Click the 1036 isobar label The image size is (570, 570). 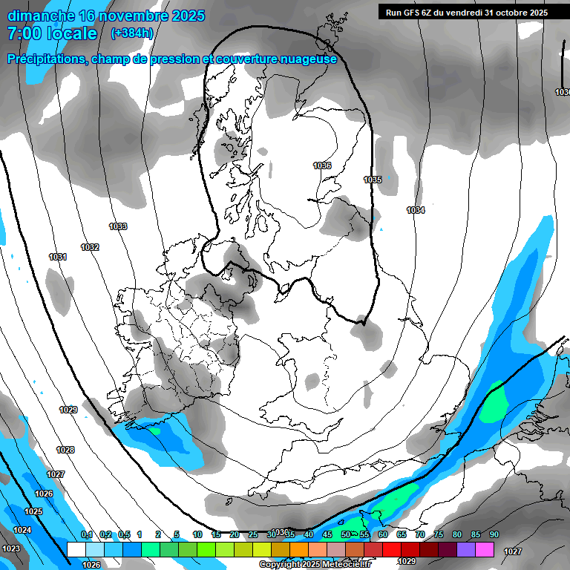[322, 166]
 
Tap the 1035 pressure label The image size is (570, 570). [373, 180]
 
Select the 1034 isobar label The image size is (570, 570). [416, 210]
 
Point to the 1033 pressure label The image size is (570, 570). [117, 226]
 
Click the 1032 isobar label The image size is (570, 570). [91, 247]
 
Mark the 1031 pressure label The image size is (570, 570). [58, 257]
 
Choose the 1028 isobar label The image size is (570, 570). [65, 450]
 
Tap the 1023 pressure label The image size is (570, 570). [11, 548]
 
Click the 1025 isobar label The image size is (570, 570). [33, 511]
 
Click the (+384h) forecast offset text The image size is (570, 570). [131, 33]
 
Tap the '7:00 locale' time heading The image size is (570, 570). [52, 33]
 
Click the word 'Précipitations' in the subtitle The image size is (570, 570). [46, 59]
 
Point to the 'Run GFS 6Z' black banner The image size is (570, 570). [464, 12]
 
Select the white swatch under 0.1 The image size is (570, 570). [76, 549]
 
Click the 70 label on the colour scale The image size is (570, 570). [420, 534]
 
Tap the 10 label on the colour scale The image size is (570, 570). [197, 534]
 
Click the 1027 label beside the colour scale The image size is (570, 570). [512, 551]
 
